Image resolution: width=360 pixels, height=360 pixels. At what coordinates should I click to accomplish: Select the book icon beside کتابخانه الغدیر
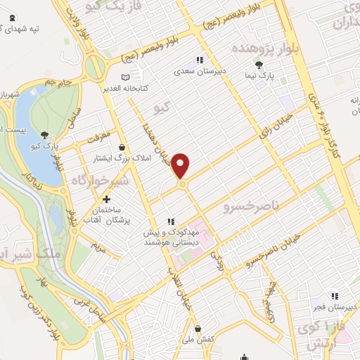click(x=125, y=77)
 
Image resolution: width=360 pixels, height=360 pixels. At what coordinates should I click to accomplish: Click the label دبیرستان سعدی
click(x=202, y=71)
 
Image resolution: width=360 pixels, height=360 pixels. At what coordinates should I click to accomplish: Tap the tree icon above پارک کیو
click(x=46, y=135)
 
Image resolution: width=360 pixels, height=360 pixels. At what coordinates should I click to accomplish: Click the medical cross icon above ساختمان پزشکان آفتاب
click(x=106, y=200)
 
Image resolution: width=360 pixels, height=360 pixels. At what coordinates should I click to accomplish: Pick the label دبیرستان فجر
click(x=335, y=307)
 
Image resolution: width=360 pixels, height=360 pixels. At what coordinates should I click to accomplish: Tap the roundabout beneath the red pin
click(x=181, y=184)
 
